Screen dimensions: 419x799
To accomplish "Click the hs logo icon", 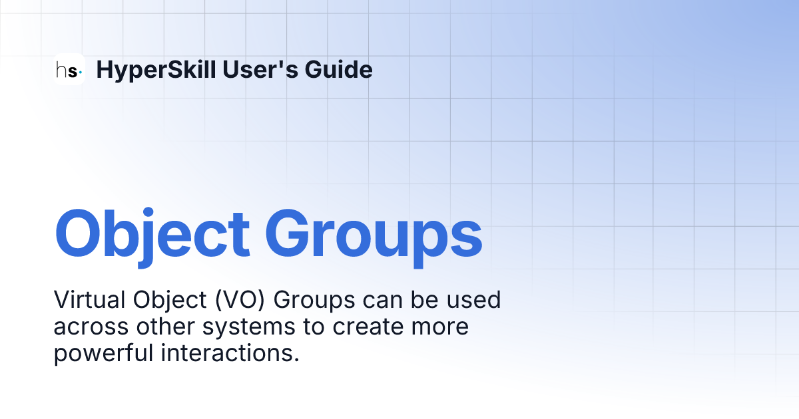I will pos(69,69).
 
